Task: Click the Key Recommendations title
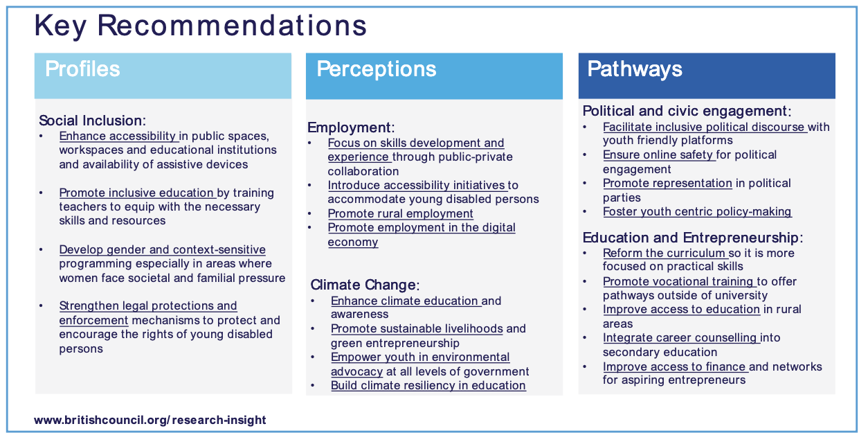(200, 26)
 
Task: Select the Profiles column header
(82, 69)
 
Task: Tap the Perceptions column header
(377, 69)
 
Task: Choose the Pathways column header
(634, 69)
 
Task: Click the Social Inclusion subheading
(92, 121)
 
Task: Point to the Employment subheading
(351, 127)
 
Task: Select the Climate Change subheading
(365, 285)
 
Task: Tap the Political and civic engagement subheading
(687, 112)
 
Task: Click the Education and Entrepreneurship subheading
(693, 238)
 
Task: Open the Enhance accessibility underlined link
(118, 136)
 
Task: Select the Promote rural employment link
(400, 213)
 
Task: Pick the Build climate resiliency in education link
(428, 385)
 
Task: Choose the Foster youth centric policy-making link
(697, 212)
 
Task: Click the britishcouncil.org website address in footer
(150, 420)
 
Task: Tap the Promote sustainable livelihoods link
(417, 329)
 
